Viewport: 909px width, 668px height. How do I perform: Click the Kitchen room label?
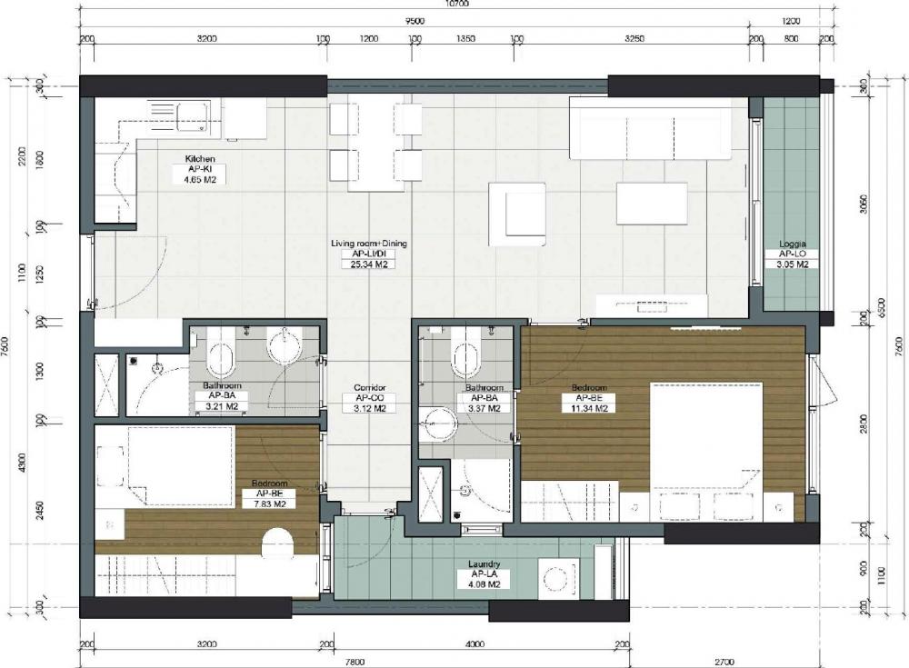[x=199, y=159]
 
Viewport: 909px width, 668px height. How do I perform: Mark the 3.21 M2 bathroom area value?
[x=224, y=407]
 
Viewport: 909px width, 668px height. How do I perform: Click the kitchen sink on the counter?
[x=192, y=116]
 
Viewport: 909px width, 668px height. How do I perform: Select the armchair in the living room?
[x=515, y=214]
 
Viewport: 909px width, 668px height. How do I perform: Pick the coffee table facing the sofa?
[x=651, y=203]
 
